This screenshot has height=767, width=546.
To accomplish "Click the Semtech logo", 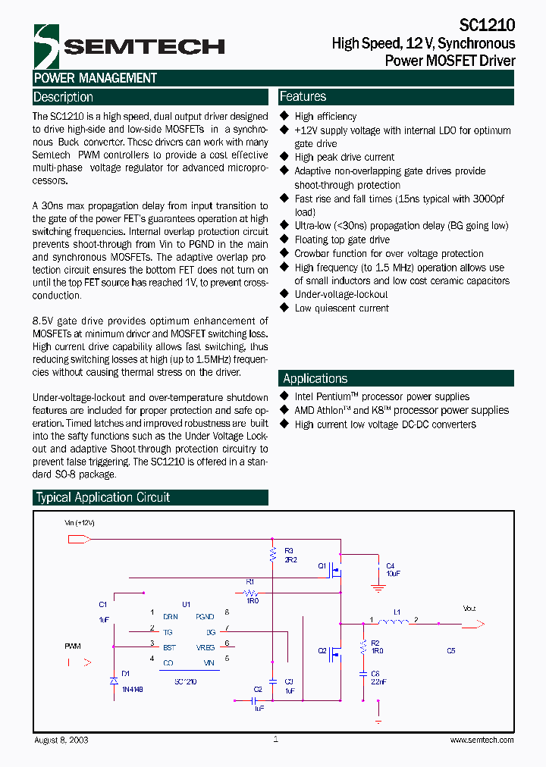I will tap(129, 46).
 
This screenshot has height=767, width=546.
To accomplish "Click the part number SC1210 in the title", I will tap(488, 26).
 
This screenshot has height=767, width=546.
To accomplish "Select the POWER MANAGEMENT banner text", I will tap(96, 78).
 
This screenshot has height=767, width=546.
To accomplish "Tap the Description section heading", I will tap(64, 97).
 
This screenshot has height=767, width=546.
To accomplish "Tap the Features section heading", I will tap(303, 96).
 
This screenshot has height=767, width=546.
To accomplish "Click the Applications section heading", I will tap(315, 378).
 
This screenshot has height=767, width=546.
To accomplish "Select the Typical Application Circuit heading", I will tap(103, 497).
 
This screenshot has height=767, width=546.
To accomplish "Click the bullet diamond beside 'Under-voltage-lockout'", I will tap(285, 295).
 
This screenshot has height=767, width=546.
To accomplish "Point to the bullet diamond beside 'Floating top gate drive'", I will tap(285, 239).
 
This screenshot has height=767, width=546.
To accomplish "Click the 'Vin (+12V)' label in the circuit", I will tap(80, 523).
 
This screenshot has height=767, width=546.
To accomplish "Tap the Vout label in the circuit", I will tap(469, 608).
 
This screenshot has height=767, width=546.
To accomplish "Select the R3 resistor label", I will tap(288, 551).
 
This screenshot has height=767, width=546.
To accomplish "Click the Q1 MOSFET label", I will tap(322, 565).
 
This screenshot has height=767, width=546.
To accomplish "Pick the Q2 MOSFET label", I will tap(322, 650).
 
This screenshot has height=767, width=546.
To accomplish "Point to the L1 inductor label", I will tap(396, 611).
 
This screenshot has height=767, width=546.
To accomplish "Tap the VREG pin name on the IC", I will tap(205, 647).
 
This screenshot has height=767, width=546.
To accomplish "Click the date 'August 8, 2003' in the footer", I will tap(61, 740).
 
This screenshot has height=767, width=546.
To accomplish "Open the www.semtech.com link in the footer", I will tap(482, 740).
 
